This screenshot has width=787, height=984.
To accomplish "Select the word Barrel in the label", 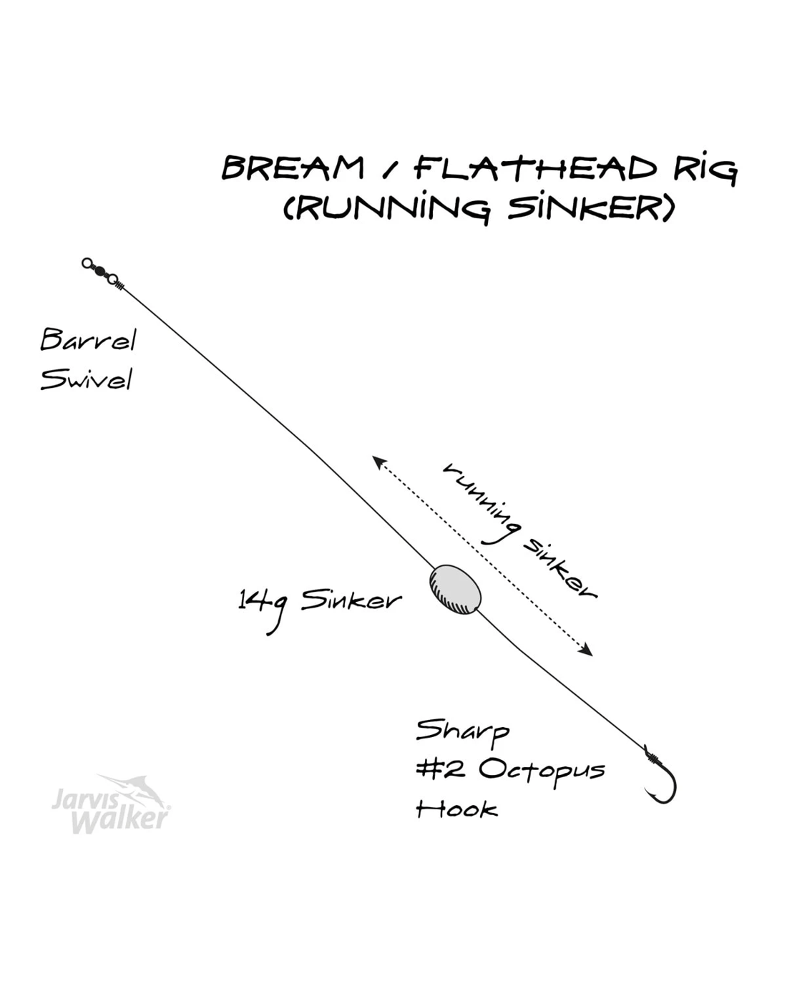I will (87, 339).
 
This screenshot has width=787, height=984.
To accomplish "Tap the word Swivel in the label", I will (86, 379).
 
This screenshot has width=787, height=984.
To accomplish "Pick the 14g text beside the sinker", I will (263, 605).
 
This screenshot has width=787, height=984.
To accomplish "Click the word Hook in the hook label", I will (456, 809).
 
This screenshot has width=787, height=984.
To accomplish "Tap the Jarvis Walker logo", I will (111, 804).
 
